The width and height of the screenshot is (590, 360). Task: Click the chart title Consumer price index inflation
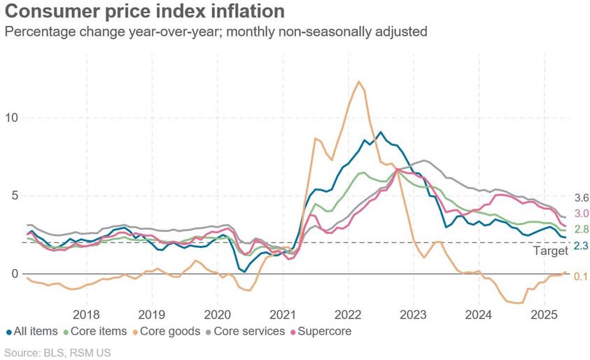click(x=144, y=11)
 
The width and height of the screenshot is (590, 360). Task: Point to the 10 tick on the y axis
click(x=11, y=118)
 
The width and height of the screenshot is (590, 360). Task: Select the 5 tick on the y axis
click(x=15, y=196)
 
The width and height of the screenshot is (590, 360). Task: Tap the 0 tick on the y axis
click(x=15, y=274)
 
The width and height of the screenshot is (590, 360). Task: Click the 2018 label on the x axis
click(x=87, y=314)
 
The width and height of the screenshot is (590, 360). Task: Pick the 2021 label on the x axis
click(x=283, y=314)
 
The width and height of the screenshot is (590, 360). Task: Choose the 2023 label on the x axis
click(x=414, y=314)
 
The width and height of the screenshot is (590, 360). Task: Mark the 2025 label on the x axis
click(x=544, y=314)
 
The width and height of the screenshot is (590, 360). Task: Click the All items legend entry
click(x=32, y=331)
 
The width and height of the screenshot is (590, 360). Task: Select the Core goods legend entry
click(x=167, y=331)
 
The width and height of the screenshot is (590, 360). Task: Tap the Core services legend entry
click(x=246, y=331)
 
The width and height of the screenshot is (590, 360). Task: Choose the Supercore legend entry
click(x=321, y=331)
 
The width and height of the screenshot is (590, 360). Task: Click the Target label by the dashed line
click(x=551, y=251)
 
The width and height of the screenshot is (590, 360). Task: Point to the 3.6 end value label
click(x=582, y=198)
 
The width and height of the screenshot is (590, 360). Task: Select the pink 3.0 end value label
click(x=582, y=214)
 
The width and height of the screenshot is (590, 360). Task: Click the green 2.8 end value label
click(x=582, y=229)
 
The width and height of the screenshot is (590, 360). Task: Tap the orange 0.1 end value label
click(x=581, y=277)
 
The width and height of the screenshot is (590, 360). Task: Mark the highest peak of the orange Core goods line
click(x=359, y=81)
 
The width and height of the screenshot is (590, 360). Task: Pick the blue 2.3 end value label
click(x=582, y=246)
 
